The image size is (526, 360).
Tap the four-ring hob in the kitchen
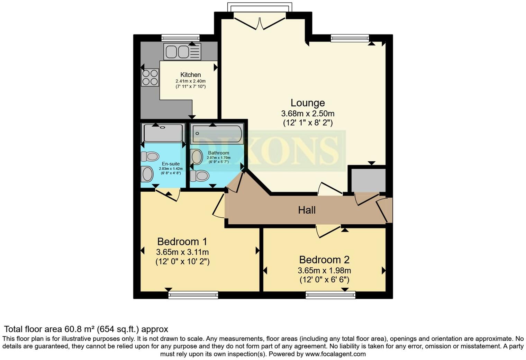150,77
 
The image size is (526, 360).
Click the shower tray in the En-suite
163,133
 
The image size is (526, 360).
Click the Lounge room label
307,103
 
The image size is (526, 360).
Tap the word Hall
307,210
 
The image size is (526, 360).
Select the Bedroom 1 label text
182,241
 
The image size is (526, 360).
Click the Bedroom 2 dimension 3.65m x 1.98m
324,271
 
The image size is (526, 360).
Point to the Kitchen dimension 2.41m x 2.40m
190,81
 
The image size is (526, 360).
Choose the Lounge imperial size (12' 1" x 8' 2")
307,123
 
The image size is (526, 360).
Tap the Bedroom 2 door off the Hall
328,231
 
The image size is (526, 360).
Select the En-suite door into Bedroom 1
168,194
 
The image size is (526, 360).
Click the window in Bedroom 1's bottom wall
193,295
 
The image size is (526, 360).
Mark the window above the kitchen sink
180,38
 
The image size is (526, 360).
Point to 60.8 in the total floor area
72,329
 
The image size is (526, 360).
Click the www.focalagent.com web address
335,354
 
